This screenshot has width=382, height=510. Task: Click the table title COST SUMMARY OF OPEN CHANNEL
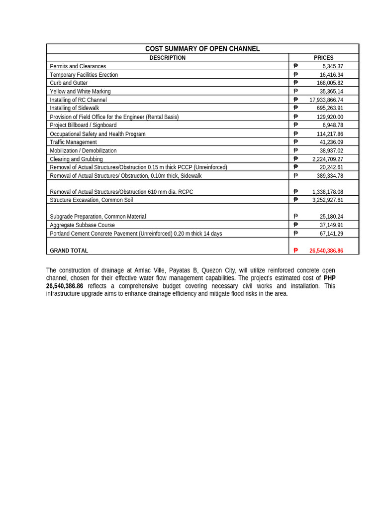click(x=202, y=49)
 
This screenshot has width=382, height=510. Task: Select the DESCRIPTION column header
click(x=167, y=58)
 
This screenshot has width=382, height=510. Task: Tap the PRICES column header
click(x=323, y=58)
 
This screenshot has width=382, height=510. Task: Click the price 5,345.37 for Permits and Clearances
click(x=333, y=66)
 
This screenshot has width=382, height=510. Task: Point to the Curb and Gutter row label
click(x=69, y=83)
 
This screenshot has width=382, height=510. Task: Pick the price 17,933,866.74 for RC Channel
click(x=326, y=100)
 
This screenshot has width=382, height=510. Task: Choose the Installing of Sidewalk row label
click(x=74, y=108)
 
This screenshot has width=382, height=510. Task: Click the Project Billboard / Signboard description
click(x=83, y=125)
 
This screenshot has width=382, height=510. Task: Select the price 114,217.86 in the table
click(x=330, y=134)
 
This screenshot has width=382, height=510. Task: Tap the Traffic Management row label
click(x=73, y=142)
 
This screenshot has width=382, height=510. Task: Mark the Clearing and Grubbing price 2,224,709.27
click(x=328, y=159)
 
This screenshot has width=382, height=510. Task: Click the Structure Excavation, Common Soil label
click(x=91, y=200)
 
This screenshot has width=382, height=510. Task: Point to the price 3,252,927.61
click(x=328, y=200)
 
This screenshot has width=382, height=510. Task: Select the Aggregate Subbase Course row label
click(x=82, y=225)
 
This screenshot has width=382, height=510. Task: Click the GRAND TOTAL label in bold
click(x=69, y=251)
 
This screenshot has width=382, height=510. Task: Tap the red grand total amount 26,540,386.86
click(x=326, y=251)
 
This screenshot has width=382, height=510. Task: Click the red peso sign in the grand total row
click(x=295, y=251)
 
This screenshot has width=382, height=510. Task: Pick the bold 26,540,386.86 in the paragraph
click(x=65, y=286)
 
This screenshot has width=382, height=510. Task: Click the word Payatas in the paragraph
click(x=180, y=270)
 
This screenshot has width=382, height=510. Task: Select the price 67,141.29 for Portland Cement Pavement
click(x=331, y=234)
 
